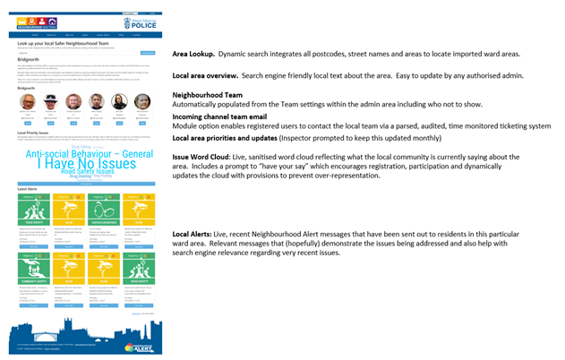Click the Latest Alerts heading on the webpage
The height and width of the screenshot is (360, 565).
(28, 190)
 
